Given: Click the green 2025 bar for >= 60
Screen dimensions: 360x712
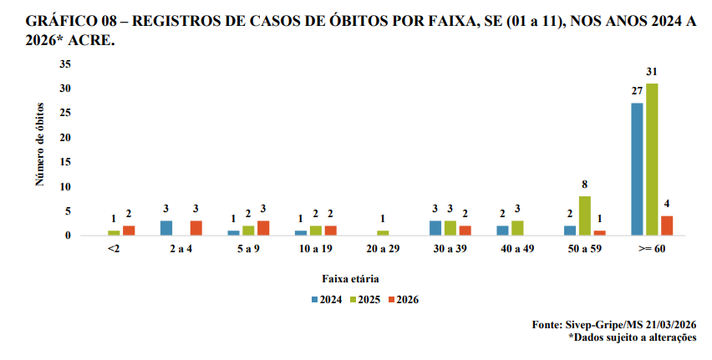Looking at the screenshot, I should (x=651, y=160).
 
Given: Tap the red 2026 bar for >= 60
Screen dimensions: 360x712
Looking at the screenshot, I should (x=666, y=226).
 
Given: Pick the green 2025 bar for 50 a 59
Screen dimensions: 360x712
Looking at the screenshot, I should (x=584, y=215).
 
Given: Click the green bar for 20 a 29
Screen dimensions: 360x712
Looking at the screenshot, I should (x=383, y=233).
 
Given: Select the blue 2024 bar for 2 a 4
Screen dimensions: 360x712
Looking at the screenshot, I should (x=167, y=228).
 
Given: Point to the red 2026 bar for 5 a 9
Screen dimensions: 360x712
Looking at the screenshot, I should (x=263, y=228).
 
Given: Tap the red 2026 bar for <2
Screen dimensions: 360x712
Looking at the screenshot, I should (x=129, y=231).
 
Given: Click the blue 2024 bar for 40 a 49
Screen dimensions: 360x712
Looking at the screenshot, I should (x=502, y=231).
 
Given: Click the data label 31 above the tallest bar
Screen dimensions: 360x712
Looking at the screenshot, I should (x=651, y=73).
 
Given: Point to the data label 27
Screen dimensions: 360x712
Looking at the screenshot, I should (x=636, y=92).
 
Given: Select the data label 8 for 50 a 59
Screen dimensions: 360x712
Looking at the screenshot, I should (x=584, y=185).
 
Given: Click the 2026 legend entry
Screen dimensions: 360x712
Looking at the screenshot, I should (x=402, y=300).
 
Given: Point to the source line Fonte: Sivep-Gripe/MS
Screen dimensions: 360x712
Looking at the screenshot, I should (x=614, y=325).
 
